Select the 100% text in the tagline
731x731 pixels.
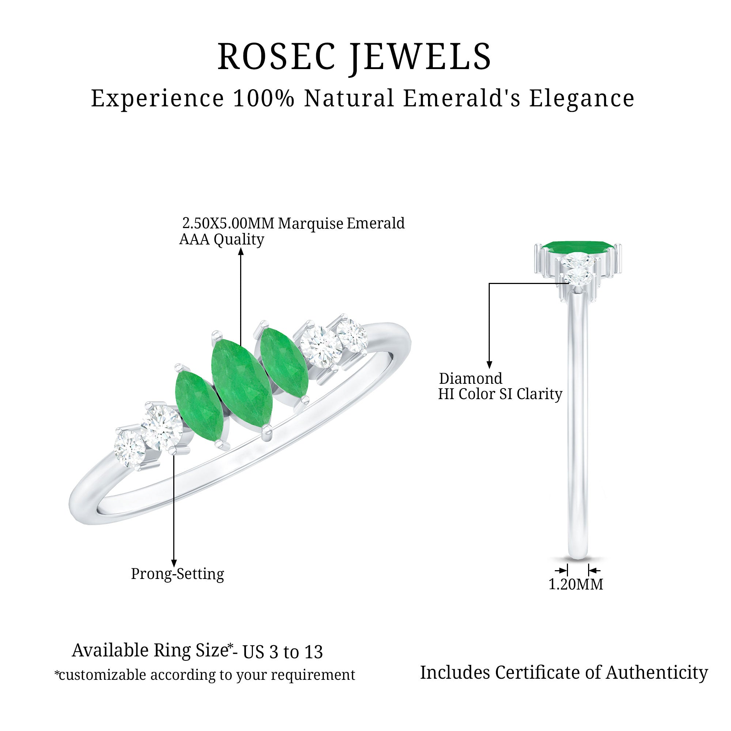pyautogui.click(x=263, y=98)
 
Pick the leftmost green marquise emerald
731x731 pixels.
pyautogui.click(x=200, y=407)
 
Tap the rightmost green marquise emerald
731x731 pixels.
pyautogui.click(x=284, y=363)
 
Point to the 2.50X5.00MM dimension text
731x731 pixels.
pyautogui.click(x=228, y=223)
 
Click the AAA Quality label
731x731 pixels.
pyautogui.click(x=221, y=239)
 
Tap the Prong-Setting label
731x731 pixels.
pyautogui.click(x=178, y=574)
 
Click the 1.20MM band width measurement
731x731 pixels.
pyautogui.click(x=576, y=584)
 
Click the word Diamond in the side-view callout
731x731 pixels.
pyautogui.click(x=471, y=378)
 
